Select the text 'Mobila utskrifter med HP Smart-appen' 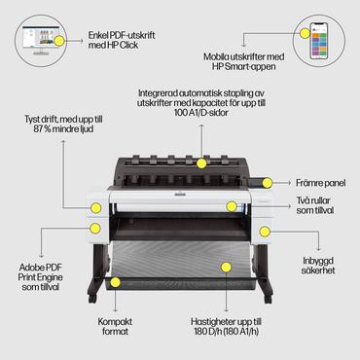[x=237, y=64]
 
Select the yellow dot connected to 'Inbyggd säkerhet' [x=264, y=232]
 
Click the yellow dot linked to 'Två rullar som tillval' [x=232, y=206]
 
